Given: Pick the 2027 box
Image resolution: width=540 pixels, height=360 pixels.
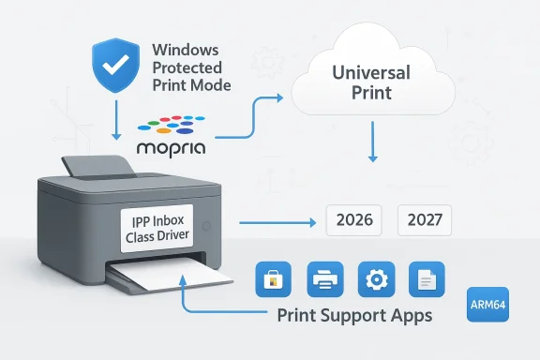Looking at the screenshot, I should point(425,222).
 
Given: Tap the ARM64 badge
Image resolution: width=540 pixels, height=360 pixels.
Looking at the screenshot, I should point(487,306).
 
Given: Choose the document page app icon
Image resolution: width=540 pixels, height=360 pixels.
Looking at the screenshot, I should point(427,279).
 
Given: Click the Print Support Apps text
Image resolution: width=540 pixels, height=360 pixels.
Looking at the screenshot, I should point(354,315).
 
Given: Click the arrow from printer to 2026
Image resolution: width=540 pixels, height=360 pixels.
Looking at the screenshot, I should point(277,223).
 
